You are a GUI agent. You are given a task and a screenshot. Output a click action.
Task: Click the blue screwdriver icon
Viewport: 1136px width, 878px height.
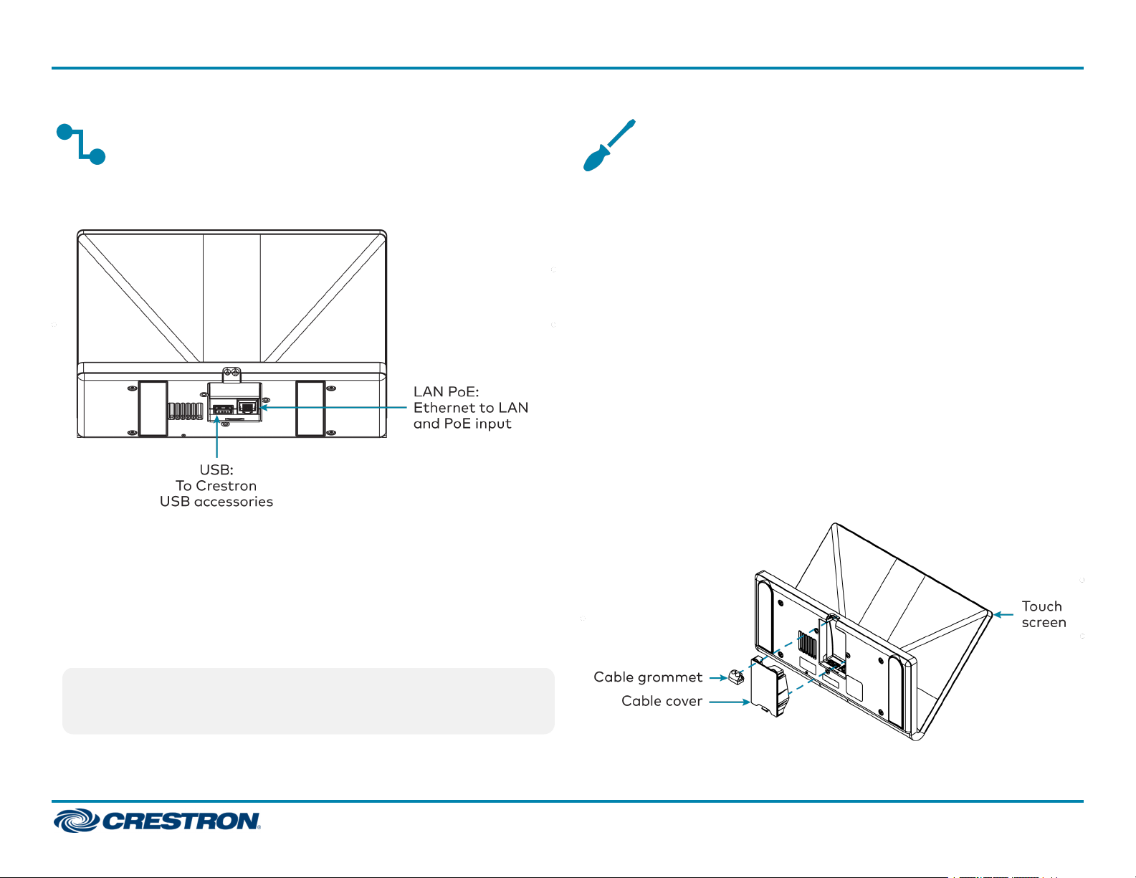[x=608, y=145]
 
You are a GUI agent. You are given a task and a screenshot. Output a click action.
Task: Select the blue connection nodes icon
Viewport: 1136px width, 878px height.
[x=81, y=144]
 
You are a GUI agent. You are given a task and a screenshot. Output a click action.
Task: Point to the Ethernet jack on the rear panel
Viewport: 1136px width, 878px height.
[x=247, y=408]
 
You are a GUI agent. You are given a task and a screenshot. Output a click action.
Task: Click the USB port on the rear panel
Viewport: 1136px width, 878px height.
[x=222, y=410]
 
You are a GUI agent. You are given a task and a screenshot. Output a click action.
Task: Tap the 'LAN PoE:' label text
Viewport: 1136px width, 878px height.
[x=446, y=391]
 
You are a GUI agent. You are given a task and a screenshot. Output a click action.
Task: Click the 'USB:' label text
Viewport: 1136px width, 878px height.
[x=216, y=469]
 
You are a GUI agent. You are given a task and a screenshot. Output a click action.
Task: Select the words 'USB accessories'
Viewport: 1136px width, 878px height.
[x=216, y=502]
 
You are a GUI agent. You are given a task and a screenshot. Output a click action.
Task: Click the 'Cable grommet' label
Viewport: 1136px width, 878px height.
[x=648, y=677]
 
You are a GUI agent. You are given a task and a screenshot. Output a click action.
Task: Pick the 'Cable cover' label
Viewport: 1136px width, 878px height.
[x=662, y=701]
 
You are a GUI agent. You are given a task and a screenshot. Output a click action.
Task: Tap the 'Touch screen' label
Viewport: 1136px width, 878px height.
[x=1044, y=614]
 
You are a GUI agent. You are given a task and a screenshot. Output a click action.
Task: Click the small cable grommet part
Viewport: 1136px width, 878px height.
[x=735, y=677]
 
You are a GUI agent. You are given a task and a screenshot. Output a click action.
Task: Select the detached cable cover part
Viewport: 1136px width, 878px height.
[x=769, y=686]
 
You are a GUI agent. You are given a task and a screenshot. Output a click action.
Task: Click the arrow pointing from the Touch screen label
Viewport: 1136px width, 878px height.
[x=1003, y=614]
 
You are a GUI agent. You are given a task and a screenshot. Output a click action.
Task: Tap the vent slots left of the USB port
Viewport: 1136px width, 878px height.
[x=186, y=411]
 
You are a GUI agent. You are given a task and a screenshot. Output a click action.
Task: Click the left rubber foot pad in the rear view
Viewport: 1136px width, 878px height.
[x=153, y=408]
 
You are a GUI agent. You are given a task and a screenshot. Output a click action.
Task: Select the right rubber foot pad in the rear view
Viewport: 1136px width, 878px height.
[x=310, y=408]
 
